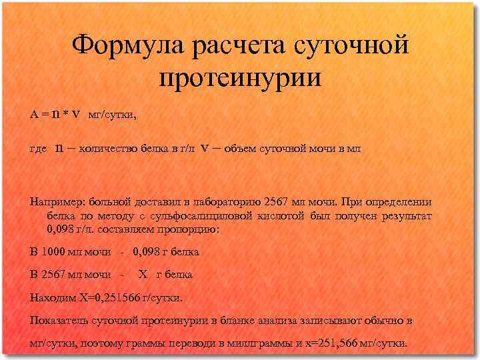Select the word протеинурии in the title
(x=241, y=79)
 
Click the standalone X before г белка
(x=142, y=275)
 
